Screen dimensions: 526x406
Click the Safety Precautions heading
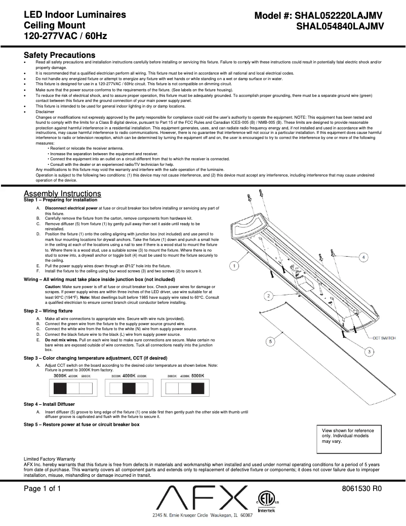point(59,55)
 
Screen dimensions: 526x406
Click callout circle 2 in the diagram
point(269,295)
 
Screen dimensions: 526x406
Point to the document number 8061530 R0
point(361,489)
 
